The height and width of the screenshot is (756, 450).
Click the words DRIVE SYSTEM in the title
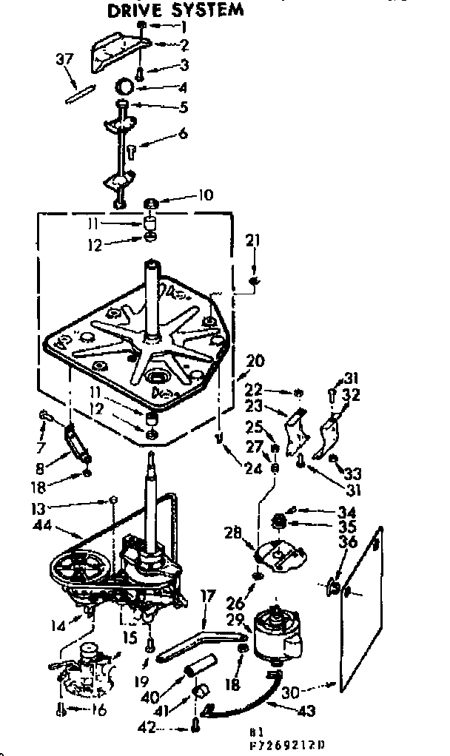coord(175,10)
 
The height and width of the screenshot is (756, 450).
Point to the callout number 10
coord(205,195)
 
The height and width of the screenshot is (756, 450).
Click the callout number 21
coord(253,241)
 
